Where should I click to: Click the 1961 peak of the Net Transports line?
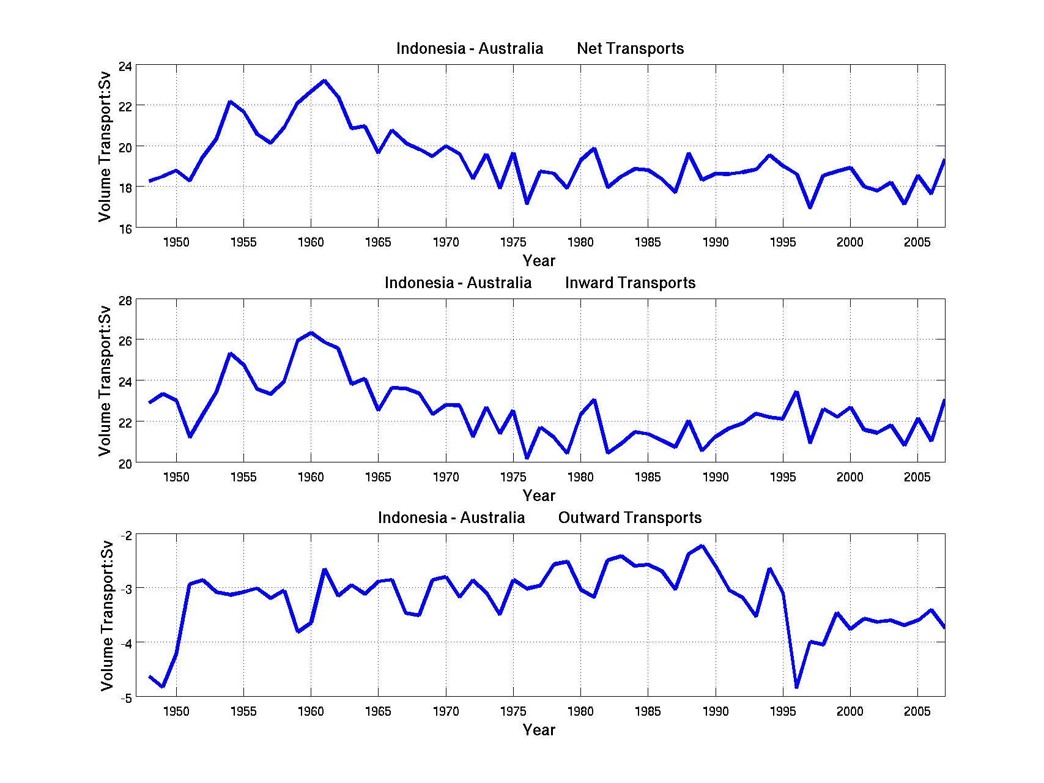[324, 81]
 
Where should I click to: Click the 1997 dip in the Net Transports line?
[810, 207]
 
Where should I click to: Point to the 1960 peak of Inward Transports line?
[311, 333]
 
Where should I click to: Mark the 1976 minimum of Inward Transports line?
[527, 458]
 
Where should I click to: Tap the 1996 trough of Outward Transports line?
[796, 687]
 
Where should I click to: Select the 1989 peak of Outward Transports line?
[702, 546]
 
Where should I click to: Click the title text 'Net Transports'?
[630, 49]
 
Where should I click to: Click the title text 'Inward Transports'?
[630, 283]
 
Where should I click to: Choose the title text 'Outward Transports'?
[629, 518]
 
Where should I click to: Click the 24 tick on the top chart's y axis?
[125, 66]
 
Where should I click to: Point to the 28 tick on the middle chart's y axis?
[125, 301]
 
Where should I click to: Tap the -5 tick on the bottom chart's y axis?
[125, 698]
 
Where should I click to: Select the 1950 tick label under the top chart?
[176, 242]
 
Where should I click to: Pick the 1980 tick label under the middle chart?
[580, 477]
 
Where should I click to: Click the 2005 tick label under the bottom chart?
[917, 711]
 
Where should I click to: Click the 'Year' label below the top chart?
[539, 261]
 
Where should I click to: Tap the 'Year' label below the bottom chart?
[539, 730]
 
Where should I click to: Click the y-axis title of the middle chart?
[105, 380]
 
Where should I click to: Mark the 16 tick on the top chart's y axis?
[125, 229]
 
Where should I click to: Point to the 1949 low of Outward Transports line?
[163, 686]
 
